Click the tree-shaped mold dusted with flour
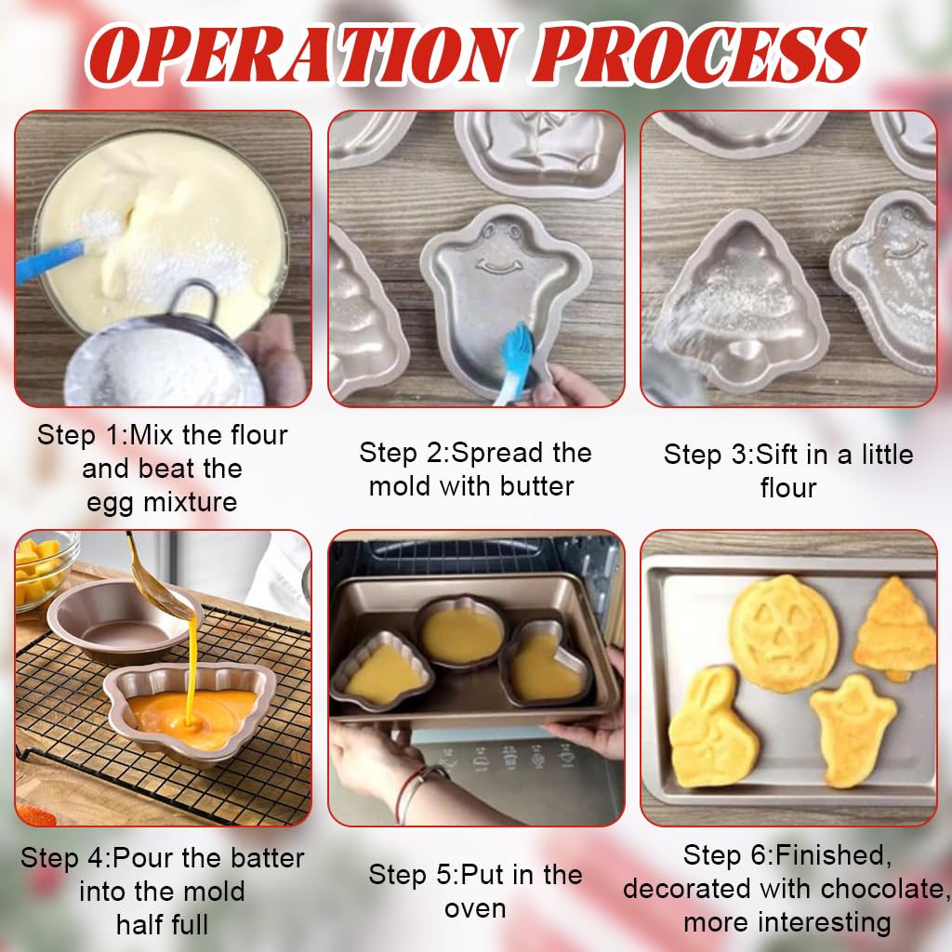click(x=739, y=307)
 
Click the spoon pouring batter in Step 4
click(x=163, y=586)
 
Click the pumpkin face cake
click(x=783, y=632)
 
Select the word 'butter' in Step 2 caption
click(x=535, y=485)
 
